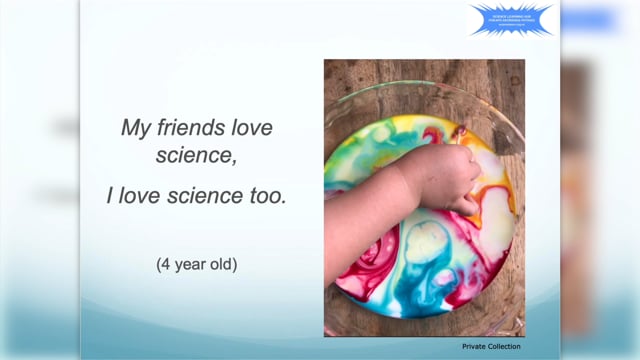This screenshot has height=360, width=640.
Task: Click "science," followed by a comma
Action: pos(195,157)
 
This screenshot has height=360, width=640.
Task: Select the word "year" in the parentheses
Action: pos(188,266)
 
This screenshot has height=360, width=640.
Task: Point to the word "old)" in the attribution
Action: pos(223,265)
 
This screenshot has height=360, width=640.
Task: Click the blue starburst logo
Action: pos(511,19)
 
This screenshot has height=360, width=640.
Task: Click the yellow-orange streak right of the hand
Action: pos(496,205)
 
